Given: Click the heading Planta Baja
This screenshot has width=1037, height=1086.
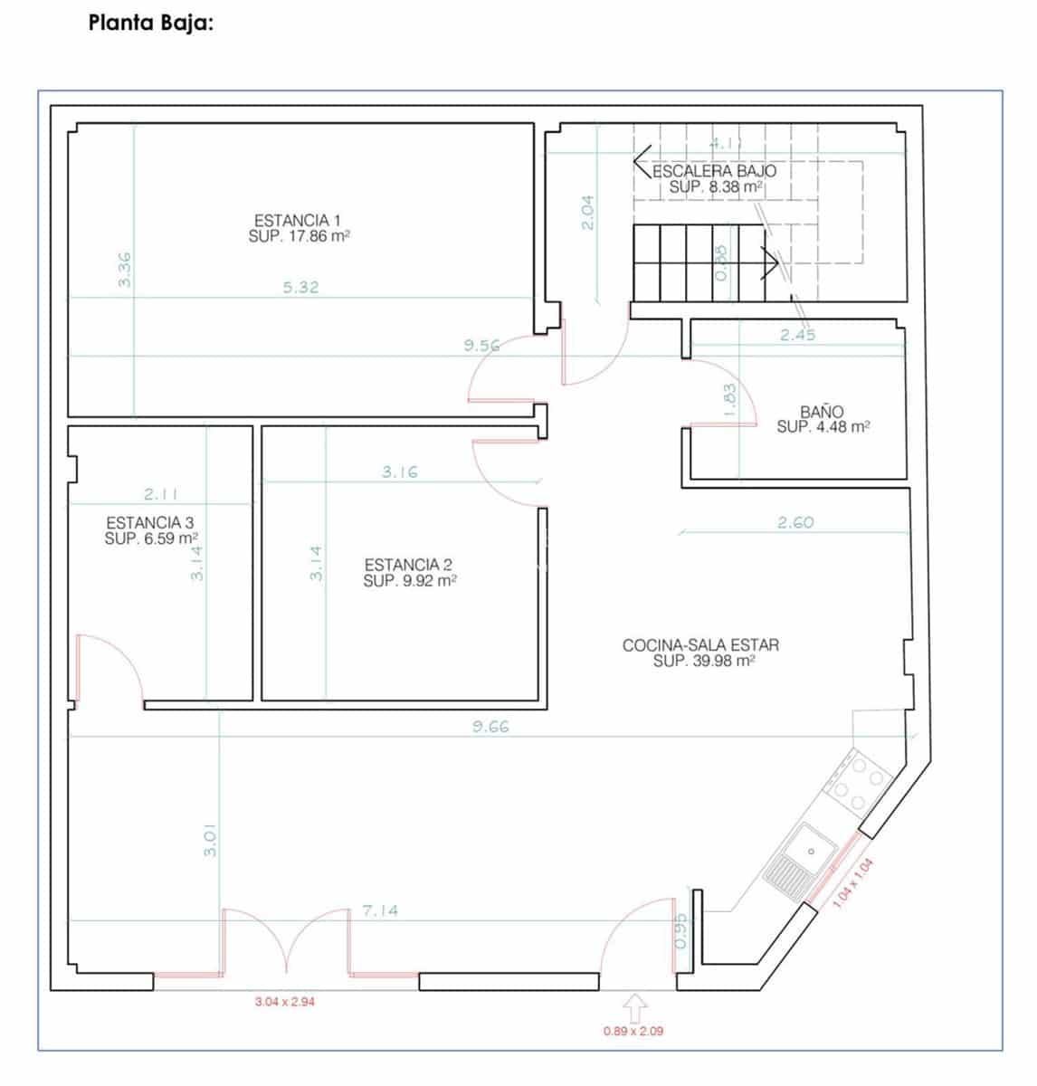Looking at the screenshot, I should (150, 24).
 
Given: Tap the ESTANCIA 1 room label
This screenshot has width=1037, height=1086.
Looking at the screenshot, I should (298, 220).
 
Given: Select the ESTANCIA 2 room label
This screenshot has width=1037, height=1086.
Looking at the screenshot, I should (408, 565).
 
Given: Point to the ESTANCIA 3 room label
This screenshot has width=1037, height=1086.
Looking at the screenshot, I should (149, 522).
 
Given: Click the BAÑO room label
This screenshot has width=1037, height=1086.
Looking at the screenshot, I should (822, 412).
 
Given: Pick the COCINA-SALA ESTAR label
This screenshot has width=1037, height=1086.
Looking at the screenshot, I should (700, 645).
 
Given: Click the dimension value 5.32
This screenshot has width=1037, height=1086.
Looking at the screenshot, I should (300, 288).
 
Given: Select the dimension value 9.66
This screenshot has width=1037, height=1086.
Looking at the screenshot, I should (490, 726).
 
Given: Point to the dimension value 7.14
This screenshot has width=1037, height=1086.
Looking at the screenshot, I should (380, 910).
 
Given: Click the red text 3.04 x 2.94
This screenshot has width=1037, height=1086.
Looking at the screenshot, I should (284, 1002).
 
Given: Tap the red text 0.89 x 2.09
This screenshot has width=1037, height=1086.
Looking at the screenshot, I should (633, 1030).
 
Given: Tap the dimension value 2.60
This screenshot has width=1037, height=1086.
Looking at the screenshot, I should (795, 522).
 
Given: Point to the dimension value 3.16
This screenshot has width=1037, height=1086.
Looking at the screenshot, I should (399, 472).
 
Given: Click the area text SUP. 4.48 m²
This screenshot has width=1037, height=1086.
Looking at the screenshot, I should (823, 427).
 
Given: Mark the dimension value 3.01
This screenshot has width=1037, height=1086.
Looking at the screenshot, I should (210, 840).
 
